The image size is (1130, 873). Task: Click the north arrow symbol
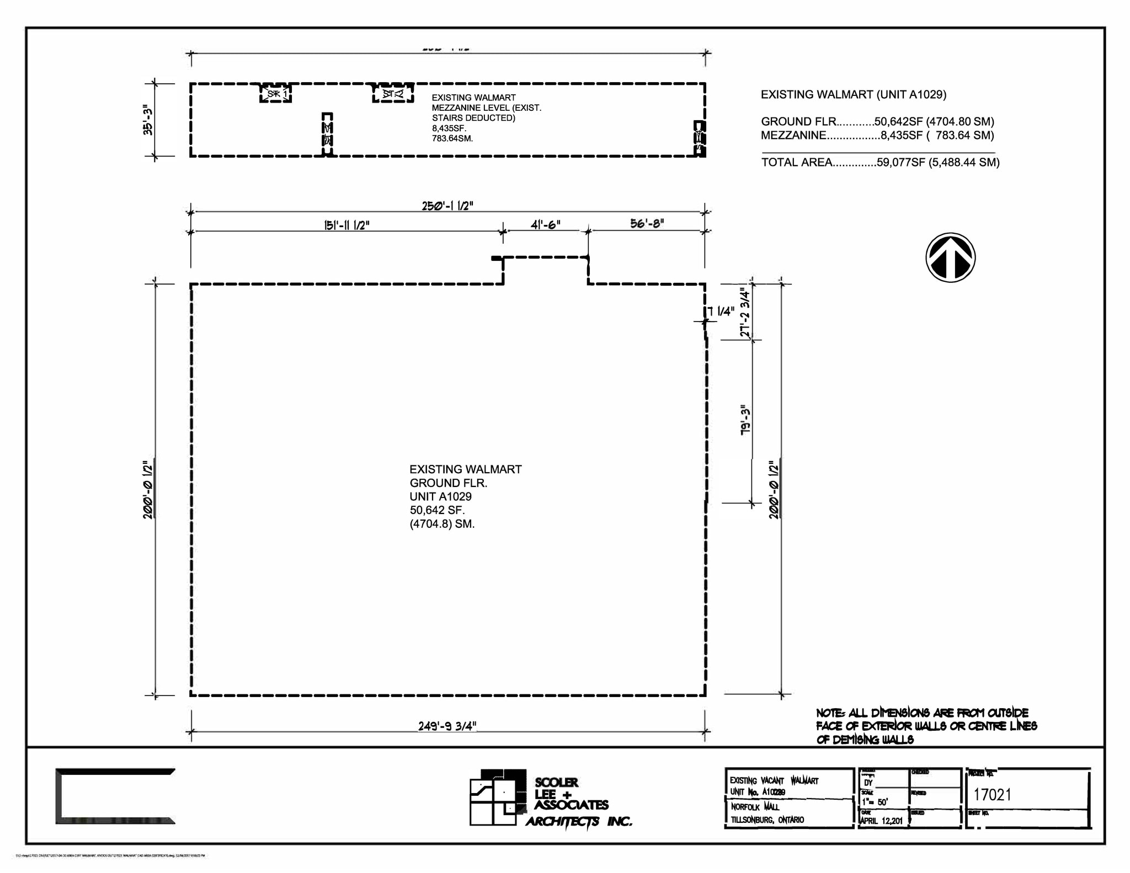coord(950,258)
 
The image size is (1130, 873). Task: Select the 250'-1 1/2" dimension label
coord(447,206)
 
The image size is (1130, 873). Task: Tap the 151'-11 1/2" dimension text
coord(347,225)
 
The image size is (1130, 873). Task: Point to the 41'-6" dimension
coord(545,224)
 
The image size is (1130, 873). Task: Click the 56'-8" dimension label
coord(647,223)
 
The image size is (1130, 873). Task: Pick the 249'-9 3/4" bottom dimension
coord(447,726)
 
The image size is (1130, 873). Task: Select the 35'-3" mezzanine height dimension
coord(147,120)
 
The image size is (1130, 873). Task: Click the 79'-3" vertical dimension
coord(745,421)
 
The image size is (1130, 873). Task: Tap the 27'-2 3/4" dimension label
coord(745,312)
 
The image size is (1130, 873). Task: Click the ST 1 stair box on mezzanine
coord(276,94)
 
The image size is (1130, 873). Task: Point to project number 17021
coord(992,795)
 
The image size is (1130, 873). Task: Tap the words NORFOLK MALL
coord(755,807)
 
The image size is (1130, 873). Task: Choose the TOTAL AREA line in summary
coord(880,162)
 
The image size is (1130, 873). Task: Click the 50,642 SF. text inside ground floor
coord(437,510)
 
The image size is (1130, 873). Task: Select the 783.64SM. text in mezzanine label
coord(452,138)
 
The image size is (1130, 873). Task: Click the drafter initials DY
coord(868,783)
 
